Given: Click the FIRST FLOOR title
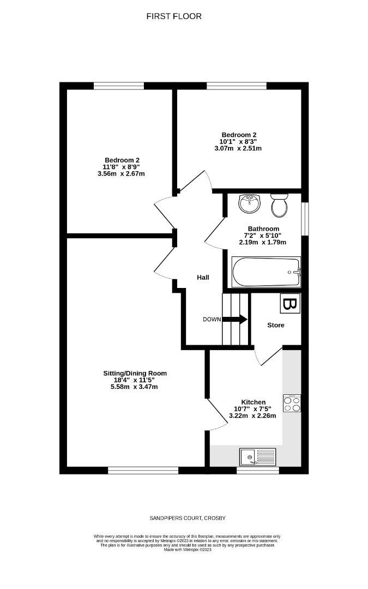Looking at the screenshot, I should [x=174, y=16].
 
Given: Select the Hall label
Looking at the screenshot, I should [x=203, y=278].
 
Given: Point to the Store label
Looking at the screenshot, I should [x=275, y=325].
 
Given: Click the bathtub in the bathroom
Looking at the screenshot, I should [x=266, y=272].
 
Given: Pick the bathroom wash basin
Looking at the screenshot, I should [x=250, y=203].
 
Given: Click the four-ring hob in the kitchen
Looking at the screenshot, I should [x=292, y=404].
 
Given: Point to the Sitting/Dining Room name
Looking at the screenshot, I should [x=135, y=374].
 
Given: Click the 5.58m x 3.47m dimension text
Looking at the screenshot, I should [x=135, y=387].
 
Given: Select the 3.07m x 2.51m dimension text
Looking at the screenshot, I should [x=239, y=148].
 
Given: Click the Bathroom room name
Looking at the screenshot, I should [x=263, y=229].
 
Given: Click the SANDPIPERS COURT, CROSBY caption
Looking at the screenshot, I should [x=183, y=518].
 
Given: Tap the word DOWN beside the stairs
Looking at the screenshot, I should [x=212, y=320].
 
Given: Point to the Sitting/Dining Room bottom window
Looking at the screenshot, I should [x=143, y=470].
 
